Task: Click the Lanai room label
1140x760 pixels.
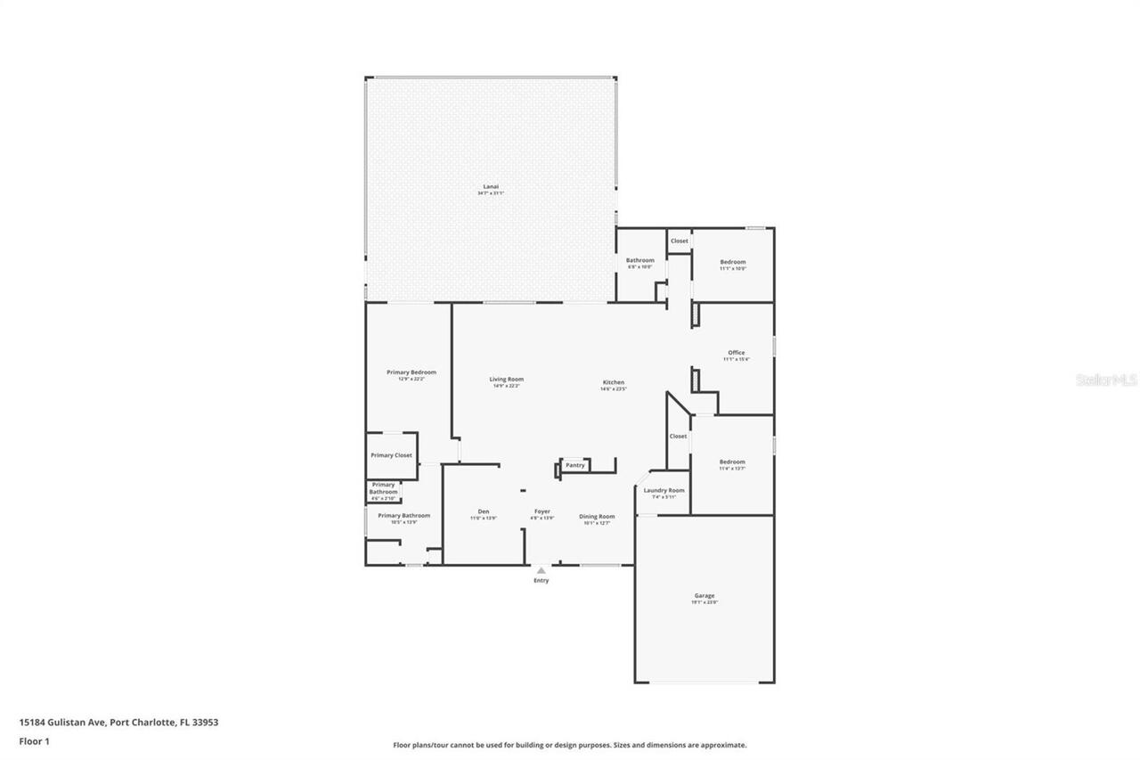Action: (x=491, y=186)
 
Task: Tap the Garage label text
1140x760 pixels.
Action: (x=704, y=596)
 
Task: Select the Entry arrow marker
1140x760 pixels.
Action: (x=541, y=570)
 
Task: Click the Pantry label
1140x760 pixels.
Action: (x=575, y=465)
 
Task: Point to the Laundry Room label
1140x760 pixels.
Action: (x=664, y=491)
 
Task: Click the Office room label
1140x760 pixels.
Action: (x=736, y=353)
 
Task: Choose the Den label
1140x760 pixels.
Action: (x=484, y=511)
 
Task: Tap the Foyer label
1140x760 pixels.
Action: (x=541, y=511)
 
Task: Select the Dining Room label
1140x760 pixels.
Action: (x=597, y=516)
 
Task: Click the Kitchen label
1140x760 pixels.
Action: (x=613, y=382)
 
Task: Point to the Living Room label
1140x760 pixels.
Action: (x=506, y=380)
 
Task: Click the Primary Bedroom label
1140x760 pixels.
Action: (x=411, y=372)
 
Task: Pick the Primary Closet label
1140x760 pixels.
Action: (x=391, y=455)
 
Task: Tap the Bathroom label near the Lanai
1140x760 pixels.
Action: (x=639, y=260)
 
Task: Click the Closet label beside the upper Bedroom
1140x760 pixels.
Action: (x=679, y=241)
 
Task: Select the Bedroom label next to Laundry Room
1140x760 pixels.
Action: (x=732, y=462)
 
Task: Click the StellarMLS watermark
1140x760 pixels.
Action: (x=1106, y=380)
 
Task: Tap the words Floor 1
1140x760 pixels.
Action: (x=34, y=740)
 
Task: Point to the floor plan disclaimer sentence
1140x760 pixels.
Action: (x=570, y=745)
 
